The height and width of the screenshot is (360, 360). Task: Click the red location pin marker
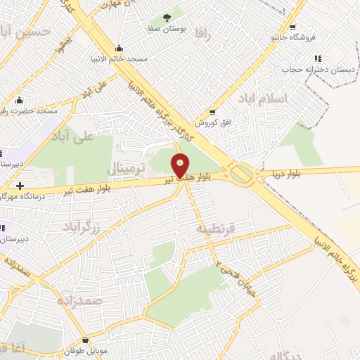pyautogui.click(x=180, y=165)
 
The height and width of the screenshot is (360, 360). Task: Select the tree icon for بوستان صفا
pyautogui.click(x=166, y=17)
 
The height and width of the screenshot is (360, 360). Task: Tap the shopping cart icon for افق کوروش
pyautogui.click(x=212, y=112)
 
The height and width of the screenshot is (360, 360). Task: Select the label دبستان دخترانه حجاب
pyautogui.click(x=308, y=70)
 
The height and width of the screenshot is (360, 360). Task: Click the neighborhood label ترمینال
pyautogui.click(x=127, y=169)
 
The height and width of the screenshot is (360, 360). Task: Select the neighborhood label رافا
pyautogui.click(x=203, y=32)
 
